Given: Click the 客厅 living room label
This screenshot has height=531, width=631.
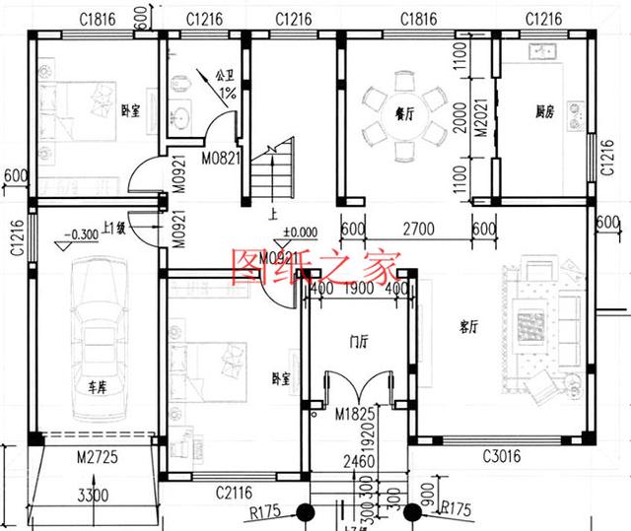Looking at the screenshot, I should pyautogui.click(x=468, y=325).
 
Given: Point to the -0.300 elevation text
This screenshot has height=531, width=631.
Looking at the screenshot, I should pyautogui.click(x=78, y=234).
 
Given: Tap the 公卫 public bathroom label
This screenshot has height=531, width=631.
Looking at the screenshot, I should pyautogui.click(x=226, y=74).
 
